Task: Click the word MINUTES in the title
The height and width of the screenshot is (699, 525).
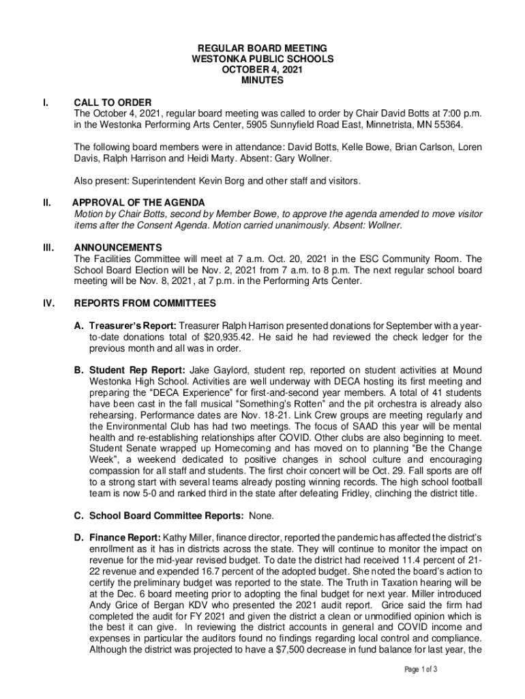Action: tap(262, 81)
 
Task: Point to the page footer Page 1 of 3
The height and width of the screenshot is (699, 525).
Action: tap(419, 669)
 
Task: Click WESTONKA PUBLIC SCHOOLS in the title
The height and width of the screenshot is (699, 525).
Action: tap(262, 59)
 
